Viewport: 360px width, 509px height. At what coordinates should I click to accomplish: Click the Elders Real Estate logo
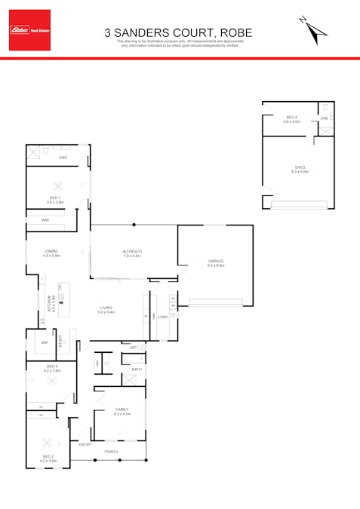coord(29,30)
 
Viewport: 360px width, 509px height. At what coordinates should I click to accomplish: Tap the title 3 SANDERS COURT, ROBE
coord(178,32)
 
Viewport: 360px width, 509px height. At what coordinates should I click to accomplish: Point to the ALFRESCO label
coord(133,253)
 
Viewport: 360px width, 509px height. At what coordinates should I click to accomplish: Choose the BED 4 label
coord(291,118)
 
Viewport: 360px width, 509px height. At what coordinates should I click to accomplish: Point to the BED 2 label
coord(48,458)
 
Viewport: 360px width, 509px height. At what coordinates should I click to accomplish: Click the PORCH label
coord(111,452)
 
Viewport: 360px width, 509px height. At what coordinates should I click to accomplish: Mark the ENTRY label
coord(85,444)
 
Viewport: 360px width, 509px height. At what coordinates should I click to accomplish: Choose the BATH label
coord(137,369)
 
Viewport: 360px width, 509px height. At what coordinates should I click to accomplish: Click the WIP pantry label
coord(45,342)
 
